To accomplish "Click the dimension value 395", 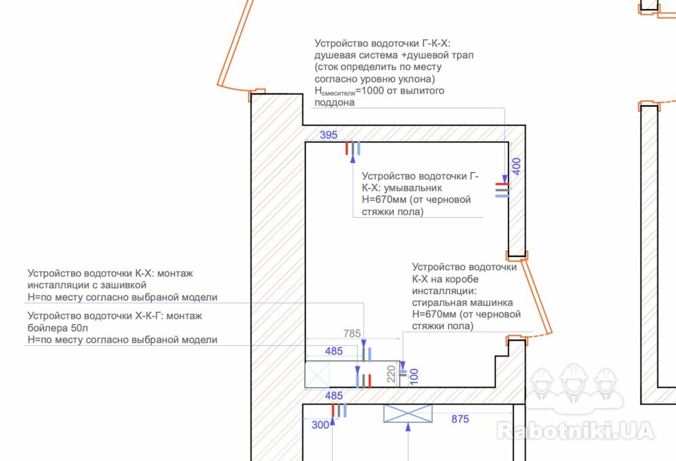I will tap(329, 135).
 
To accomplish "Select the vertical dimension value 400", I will tap(516, 165).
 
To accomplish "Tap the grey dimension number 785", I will tap(352, 334).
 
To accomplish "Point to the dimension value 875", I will tap(460, 419).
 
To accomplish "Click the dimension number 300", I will tap(320, 425).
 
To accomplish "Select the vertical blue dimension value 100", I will tap(414, 375).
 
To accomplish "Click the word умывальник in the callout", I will tap(412, 187).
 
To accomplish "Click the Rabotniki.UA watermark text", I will tap(575, 430).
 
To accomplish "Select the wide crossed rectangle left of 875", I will tap(407, 413).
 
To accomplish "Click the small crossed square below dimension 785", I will tap(316, 375).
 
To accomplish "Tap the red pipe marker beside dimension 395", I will tap(347, 149).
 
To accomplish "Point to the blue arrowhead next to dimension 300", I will tap(333, 423).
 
